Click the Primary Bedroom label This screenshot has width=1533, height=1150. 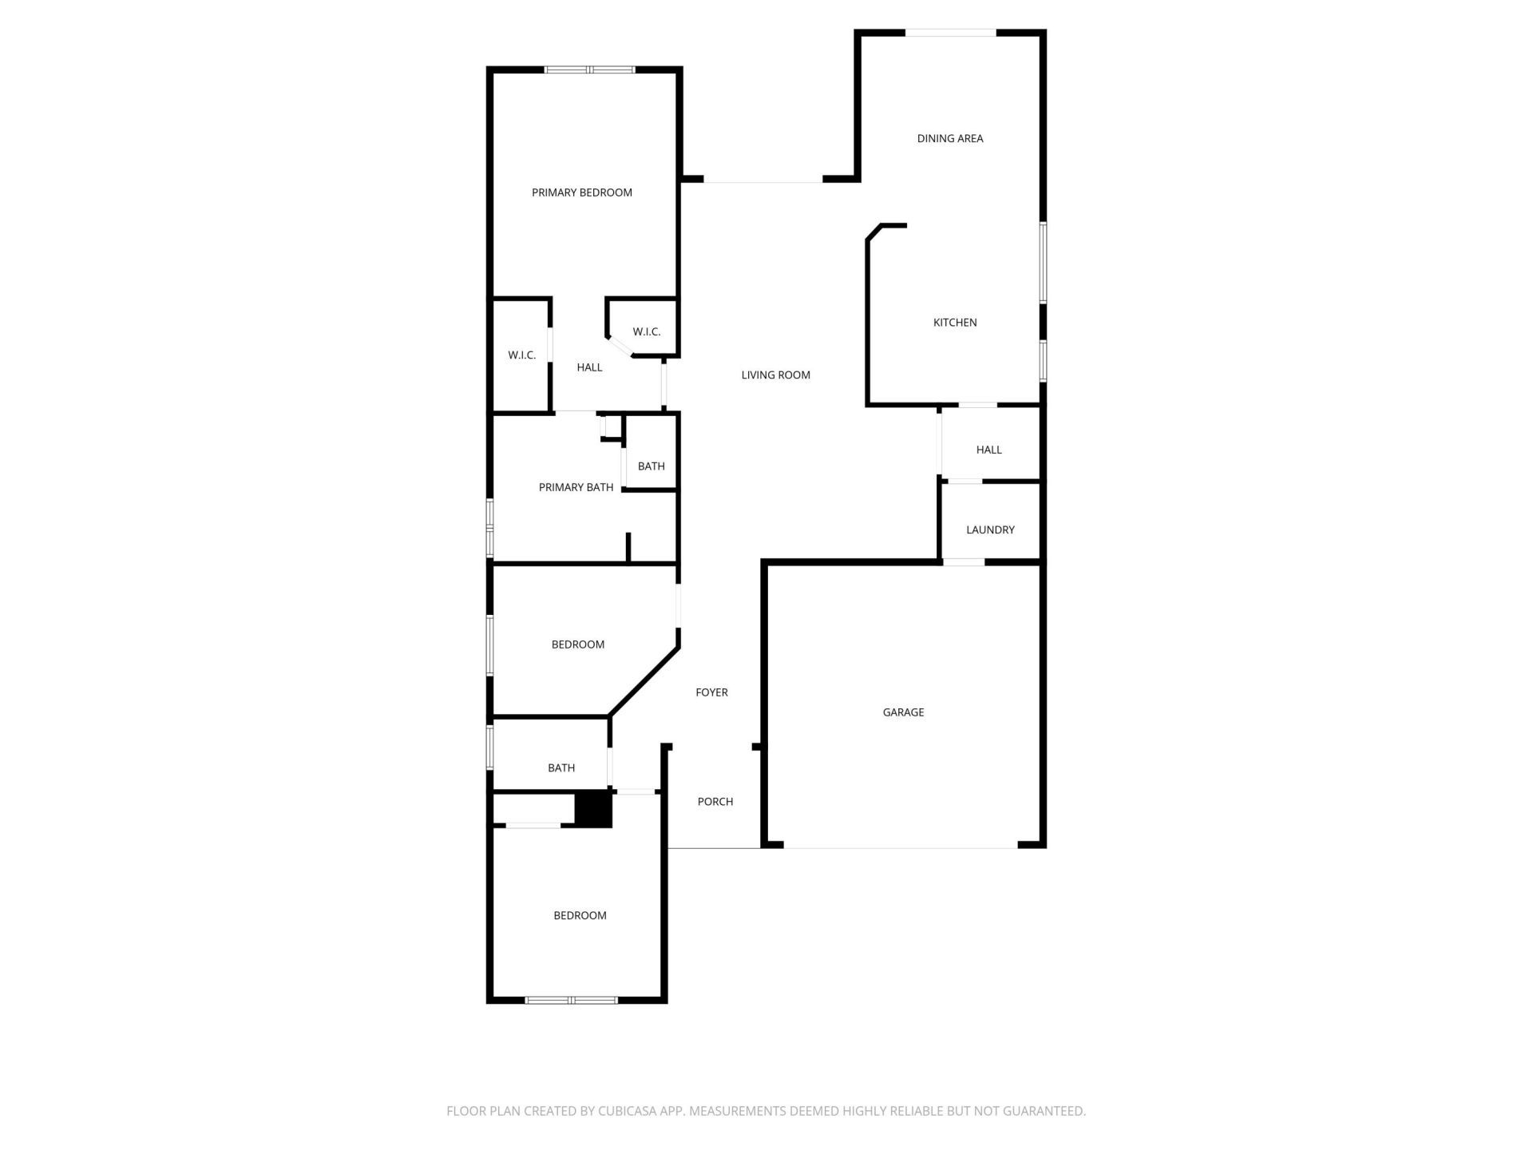pos(581,192)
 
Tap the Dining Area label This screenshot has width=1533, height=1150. pos(949,138)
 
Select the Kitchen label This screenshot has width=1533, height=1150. pos(955,323)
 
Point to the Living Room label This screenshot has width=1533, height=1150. pos(775,375)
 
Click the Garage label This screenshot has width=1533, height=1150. pos(903,712)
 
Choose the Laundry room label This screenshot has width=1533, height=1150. pos(990,529)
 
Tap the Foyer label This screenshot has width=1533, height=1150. pos(711,692)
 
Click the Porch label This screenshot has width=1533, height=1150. pos(715,802)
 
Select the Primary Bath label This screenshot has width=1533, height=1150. pos(576,487)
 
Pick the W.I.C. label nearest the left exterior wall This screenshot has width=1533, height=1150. pos(521,355)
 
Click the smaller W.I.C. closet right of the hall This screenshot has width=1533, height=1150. pos(646,331)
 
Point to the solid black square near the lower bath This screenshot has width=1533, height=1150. pos(593,809)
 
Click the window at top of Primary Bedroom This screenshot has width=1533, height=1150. pos(589,70)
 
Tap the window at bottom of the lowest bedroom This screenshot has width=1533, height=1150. pos(571,1000)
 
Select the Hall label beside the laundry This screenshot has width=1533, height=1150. pos(988,450)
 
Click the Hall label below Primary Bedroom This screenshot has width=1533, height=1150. pos(589,367)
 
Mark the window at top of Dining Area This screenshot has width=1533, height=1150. pos(950,33)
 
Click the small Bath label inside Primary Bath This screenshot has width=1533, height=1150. pos(651,466)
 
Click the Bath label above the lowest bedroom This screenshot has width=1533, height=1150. pos(561,767)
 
